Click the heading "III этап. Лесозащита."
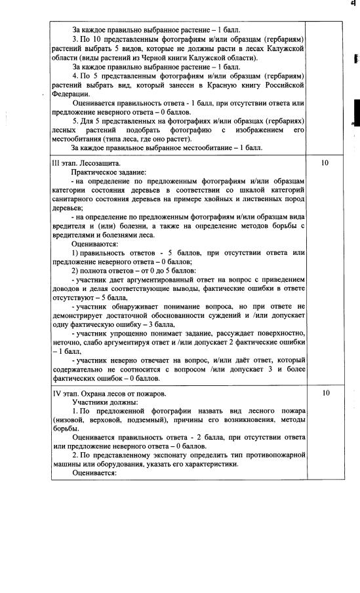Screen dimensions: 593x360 [x=86, y=162]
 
